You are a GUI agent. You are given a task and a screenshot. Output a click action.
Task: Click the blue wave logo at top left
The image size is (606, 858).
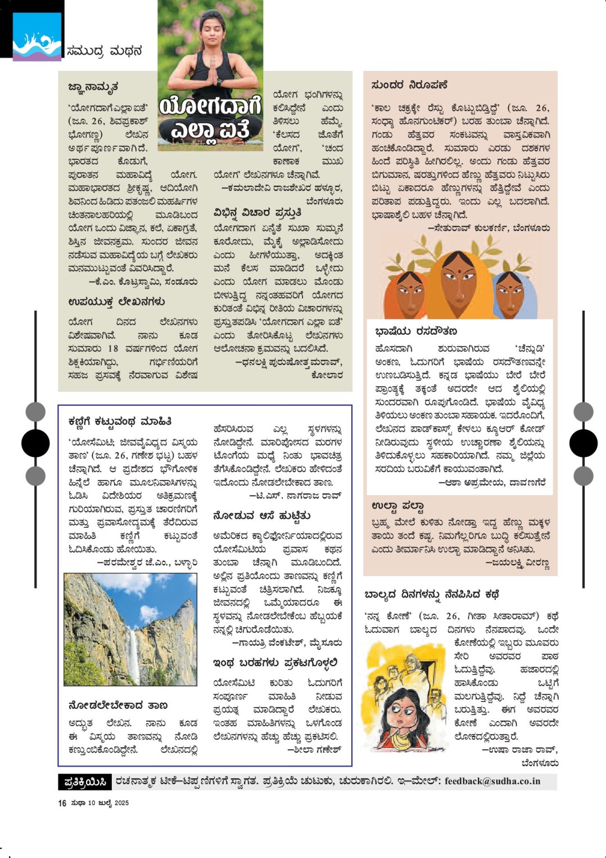click(x=37, y=37)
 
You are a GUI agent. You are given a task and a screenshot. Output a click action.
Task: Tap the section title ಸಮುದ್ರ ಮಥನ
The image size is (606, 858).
click(x=104, y=51)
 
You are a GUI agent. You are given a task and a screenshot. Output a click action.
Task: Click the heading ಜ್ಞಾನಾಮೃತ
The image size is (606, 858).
click(x=93, y=87)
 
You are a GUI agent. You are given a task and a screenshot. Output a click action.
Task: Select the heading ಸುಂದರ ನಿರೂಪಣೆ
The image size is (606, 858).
click(x=409, y=85)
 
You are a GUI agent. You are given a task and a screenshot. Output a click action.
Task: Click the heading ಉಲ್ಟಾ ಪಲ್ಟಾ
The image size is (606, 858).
click(x=397, y=505)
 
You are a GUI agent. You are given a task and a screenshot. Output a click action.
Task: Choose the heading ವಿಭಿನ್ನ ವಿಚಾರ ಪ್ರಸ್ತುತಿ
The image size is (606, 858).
click(x=257, y=213)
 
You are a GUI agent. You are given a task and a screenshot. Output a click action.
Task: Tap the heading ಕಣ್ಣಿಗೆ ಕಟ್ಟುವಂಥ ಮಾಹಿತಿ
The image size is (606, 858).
click(x=120, y=421)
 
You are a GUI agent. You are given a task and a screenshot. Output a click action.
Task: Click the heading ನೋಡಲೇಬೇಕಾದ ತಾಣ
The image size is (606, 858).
click(x=118, y=705)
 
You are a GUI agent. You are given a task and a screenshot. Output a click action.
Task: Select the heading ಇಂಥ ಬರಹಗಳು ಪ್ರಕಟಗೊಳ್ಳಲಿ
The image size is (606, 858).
click(x=275, y=663)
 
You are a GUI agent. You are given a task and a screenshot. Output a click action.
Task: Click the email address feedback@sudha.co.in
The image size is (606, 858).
click(x=492, y=781)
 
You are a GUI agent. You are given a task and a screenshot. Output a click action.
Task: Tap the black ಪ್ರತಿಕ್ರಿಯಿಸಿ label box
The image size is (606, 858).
click(x=85, y=781)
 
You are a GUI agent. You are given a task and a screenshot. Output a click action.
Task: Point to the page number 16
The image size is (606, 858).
click(x=62, y=803)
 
